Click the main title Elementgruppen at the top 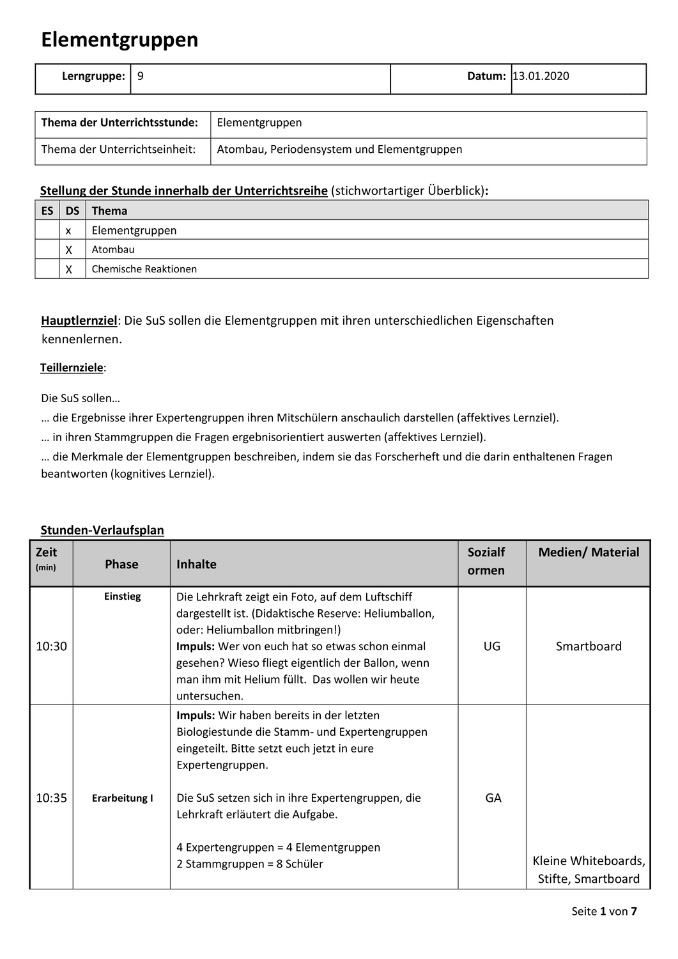pyautogui.click(x=119, y=40)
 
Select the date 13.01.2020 pyautogui.click(x=541, y=76)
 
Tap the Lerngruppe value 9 pyautogui.click(x=141, y=76)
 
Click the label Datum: pyautogui.click(x=486, y=76)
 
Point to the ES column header pyautogui.click(x=47, y=210)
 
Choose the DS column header pyautogui.click(x=72, y=210)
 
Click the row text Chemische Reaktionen pyautogui.click(x=144, y=269)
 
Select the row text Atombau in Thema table pyautogui.click(x=113, y=249)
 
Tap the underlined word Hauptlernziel pyautogui.click(x=79, y=320)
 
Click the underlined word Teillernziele pyautogui.click(x=72, y=368)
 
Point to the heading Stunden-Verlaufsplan pyautogui.click(x=102, y=530)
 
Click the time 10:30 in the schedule pyautogui.click(x=51, y=646)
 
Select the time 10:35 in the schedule pyautogui.click(x=51, y=798)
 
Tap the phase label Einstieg pyautogui.click(x=122, y=596)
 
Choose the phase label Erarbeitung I pyautogui.click(x=122, y=798)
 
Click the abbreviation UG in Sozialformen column pyautogui.click(x=492, y=646)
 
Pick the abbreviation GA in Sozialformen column pyautogui.click(x=493, y=798)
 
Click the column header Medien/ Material pyautogui.click(x=589, y=552)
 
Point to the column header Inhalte pyautogui.click(x=196, y=564)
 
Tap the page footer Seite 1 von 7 pyautogui.click(x=604, y=911)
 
